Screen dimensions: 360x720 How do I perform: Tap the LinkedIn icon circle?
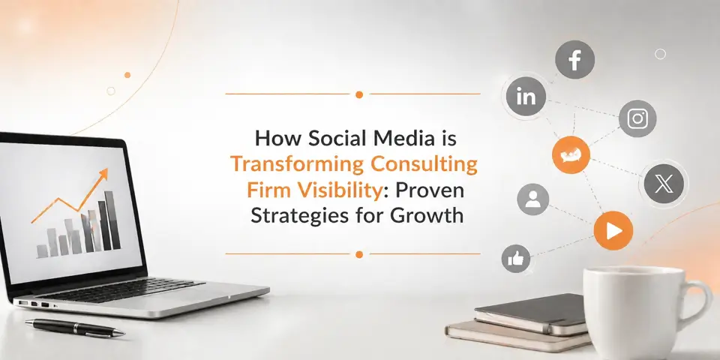click(x=526, y=96)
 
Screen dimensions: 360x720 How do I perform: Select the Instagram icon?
click(x=637, y=118)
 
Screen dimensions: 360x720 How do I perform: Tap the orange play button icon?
click(x=613, y=232)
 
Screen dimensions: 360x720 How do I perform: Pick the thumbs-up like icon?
click(x=517, y=259)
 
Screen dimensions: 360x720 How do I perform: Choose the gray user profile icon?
click(x=533, y=199)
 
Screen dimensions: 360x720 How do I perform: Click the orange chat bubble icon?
click(x=571, y=154)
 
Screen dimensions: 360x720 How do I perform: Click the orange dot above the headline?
click(x=359, y=94)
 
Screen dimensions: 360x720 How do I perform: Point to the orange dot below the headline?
click(x=359, y=254)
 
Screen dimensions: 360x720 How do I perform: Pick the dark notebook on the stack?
click(x=532, y=310)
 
